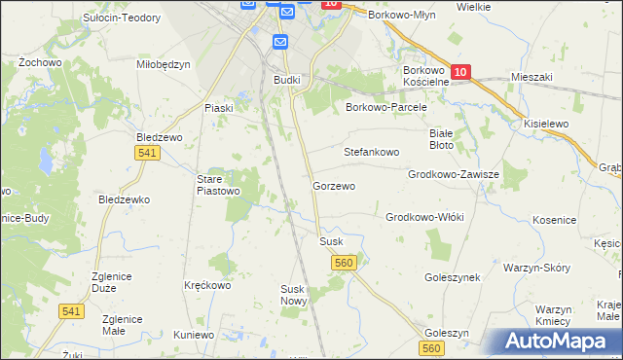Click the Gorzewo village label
[333, 186]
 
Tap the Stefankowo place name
[372, 153]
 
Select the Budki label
[286, 80]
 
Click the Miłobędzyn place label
[164, 64]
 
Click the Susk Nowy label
[293, 295]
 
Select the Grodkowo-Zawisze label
[454, 175]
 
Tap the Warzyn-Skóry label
[536, 267]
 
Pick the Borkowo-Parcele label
[386, 108]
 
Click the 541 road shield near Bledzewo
[147, 154]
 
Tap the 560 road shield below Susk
[344, 263]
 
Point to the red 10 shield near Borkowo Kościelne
[461, 72]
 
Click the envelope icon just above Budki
[280, 42]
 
